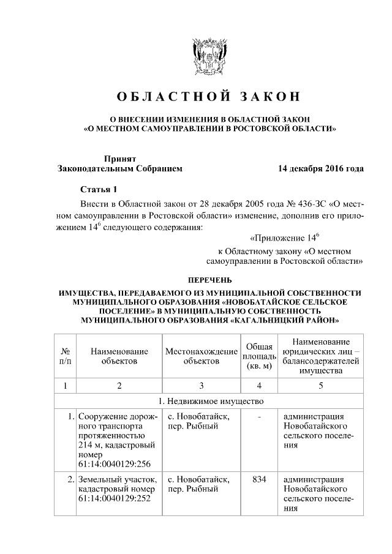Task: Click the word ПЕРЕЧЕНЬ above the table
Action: coord(210,280)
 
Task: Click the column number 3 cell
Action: coord(201,386)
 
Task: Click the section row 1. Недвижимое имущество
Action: coord(210,402)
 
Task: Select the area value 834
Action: coord(258,479)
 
